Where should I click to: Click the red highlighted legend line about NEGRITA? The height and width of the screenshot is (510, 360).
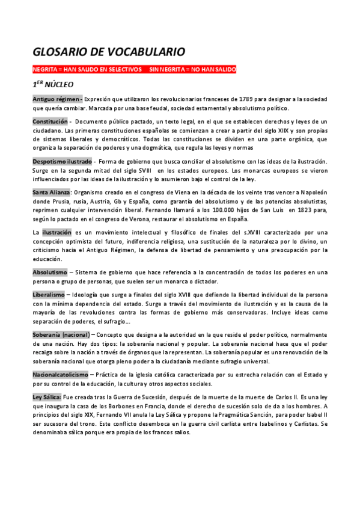[x=134, y=69]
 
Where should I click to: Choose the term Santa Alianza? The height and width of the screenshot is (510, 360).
[x=52, y=192]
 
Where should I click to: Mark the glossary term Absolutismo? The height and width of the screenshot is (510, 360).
[x=50, y=272]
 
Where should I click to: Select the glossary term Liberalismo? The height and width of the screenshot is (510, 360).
[x=49, y=295]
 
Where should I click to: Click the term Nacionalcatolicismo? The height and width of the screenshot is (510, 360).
[x=60, y=375]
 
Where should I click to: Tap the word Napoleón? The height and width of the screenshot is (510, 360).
[x=313, y=192]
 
